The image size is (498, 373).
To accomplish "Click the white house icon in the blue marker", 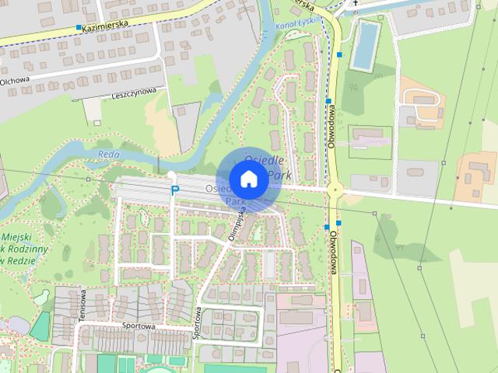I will [x=248, y=179].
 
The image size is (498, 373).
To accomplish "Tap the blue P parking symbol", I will [x=175, y=190].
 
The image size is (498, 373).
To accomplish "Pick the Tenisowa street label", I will [x=81, y=303].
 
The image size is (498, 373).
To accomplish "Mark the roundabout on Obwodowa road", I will [x=335, y=188].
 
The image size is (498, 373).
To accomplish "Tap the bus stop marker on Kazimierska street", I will [x=79, y=28].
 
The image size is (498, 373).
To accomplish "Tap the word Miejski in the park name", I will [x=17, y=236].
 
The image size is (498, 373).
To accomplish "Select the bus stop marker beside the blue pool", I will [x=338, y=54].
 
